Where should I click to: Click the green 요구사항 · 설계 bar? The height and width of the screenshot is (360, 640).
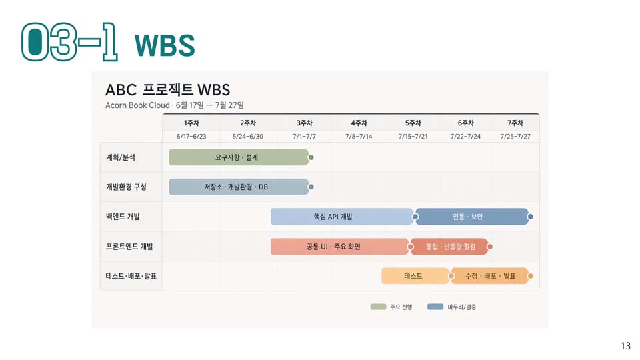pyautogui.click(x=239, y=157)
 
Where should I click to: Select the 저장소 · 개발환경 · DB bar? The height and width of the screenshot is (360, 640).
pyautogui.click(x=239, y=187)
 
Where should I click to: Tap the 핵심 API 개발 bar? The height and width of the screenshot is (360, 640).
pyautogui.click(x=342, y=217)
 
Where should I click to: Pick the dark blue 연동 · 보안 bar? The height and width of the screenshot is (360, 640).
pyautogui.click(x=472, y=217)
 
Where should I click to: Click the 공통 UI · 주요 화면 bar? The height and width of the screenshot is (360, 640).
pyautogui.click(x=339, y=247)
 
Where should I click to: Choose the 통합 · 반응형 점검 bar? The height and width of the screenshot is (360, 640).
pyautogui.click(x=449, y=247)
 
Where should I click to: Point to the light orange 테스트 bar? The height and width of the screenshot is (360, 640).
pyautogui.click(x=415, y=276)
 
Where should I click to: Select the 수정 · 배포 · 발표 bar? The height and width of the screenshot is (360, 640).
pyautogui.click(x=490, y=276)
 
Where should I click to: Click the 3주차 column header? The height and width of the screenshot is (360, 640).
pyautogui.click(x=305, y=123)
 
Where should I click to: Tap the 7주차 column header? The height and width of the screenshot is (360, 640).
pyautogui.click(x=515, y=123)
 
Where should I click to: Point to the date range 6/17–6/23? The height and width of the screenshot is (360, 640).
pyautogui.click(x=191, y=136)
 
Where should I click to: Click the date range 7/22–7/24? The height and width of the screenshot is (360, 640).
pyautogui.click(x=465, y=136)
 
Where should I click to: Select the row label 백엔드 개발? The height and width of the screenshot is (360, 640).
pyautogui.click(x=123, y=217)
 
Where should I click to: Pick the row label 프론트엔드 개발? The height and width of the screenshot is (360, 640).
pyautogui.click(x=129, y=247)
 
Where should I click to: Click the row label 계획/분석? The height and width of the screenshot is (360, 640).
pyautogui.click(x=121, y=157)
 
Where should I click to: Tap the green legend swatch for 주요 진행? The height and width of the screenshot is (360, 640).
pyautogui.click(x=379, y=307)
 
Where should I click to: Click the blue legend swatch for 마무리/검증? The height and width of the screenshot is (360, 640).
pyautogui.click(x=435, y=307)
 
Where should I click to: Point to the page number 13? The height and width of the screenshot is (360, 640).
pyautogui.click(x=626, y=346)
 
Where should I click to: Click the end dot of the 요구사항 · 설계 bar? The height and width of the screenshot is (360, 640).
pyautogui.click(x=311, y=157)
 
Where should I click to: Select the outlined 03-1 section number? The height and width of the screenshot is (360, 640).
pyautogui.click(x=70, y=42)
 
